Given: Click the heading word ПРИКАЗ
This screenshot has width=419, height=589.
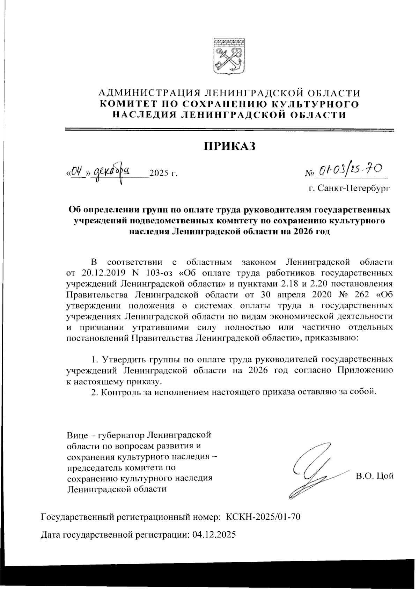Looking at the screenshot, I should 230,146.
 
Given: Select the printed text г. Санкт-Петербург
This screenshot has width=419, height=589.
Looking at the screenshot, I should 349,189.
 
